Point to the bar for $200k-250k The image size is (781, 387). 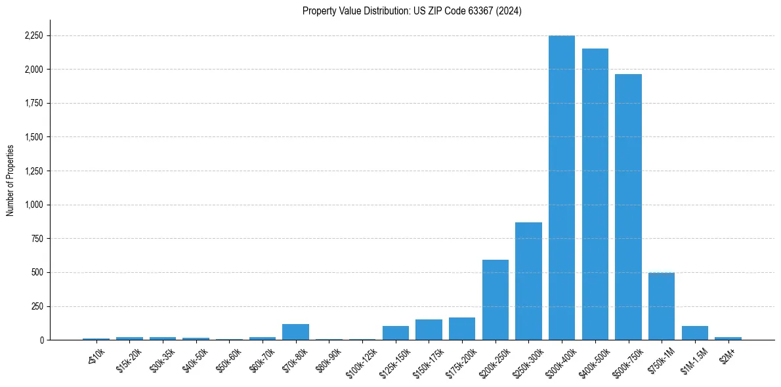point(495,300)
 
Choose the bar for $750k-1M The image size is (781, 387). point(661,306)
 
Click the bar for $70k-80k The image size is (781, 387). point(295,332)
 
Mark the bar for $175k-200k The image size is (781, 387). point(461,329)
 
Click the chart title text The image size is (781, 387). point(412,11)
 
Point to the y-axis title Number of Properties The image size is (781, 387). point(11,180)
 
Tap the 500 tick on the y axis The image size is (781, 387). point(37,272)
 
